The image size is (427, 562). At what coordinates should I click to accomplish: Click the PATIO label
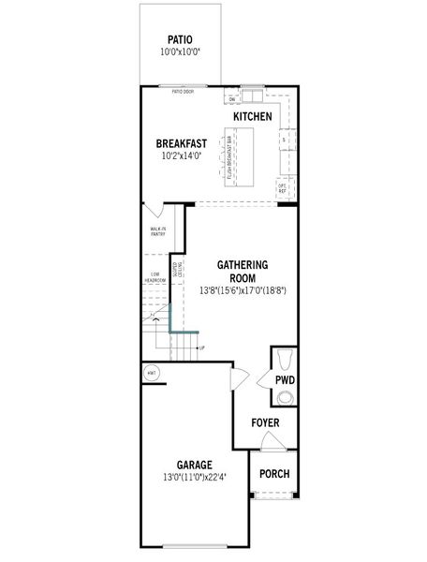[180, 39]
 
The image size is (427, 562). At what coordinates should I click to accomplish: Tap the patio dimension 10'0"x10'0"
[180, 52]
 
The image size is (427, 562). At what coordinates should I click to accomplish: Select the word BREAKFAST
[182, 143]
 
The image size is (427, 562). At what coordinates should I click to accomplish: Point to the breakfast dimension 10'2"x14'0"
[182, 156]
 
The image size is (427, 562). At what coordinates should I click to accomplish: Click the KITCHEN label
[253, 117]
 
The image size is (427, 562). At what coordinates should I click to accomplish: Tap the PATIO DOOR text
[183, 92]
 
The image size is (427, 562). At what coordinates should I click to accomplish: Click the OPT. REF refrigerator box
[282, 188]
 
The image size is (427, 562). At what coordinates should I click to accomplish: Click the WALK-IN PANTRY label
[157, 230]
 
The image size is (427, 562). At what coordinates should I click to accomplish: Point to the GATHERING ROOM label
[243, 271]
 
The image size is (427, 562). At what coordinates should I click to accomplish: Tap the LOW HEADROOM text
[155, 277]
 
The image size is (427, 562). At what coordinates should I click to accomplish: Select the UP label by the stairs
[201, 348]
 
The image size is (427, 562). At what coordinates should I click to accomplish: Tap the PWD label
[285, 380]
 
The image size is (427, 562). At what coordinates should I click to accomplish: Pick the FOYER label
[265, 423]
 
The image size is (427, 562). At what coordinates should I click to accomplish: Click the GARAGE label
[194, 465]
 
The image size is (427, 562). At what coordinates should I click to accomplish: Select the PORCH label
[274, 474]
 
